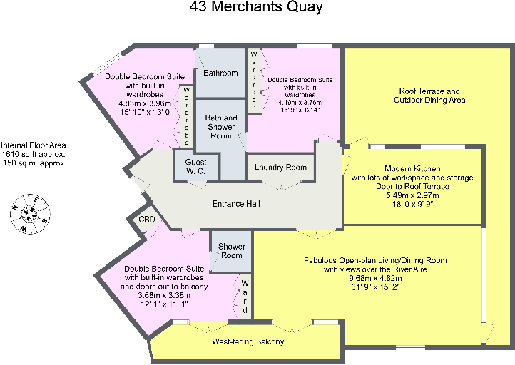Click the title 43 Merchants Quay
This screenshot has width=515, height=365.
click(257, 8)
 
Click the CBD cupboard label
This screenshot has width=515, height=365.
click(147, 220)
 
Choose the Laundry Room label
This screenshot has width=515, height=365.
click(280, 168)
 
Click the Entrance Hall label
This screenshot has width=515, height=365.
click(236, 204)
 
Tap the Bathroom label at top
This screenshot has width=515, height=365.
click(220, 73)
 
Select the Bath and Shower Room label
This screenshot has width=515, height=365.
click(221, 122)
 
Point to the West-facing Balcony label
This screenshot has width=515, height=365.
click(248, 342)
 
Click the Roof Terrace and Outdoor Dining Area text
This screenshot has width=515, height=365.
click(429, 96)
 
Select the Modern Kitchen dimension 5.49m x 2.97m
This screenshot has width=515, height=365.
click(413, 195)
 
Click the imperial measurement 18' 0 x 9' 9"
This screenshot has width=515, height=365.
click(413, 204)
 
